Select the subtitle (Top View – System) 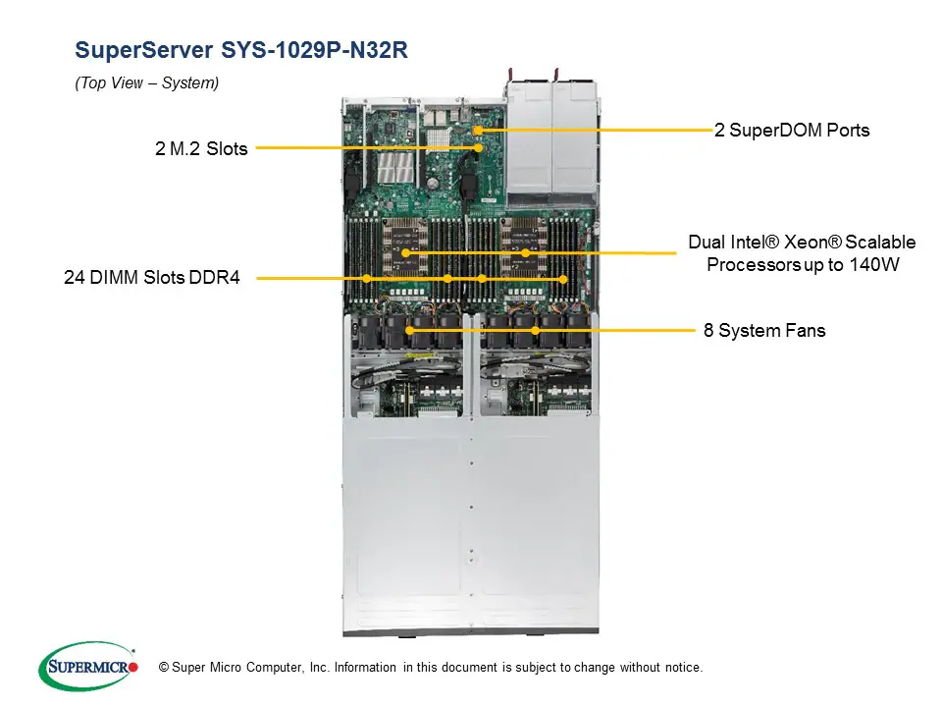click(146, 83)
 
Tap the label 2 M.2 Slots click(201, 149)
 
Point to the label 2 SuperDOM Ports click(792, 130)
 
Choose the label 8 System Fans click(764, 331)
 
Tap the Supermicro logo click(87, 667)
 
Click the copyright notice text click(431, 668)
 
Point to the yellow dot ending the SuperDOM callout click(478, 130)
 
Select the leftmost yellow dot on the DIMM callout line click(366, 279)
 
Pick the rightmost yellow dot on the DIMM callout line click(563, 279)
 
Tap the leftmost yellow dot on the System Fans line click(409, 331)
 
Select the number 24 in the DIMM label click(74, 279)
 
